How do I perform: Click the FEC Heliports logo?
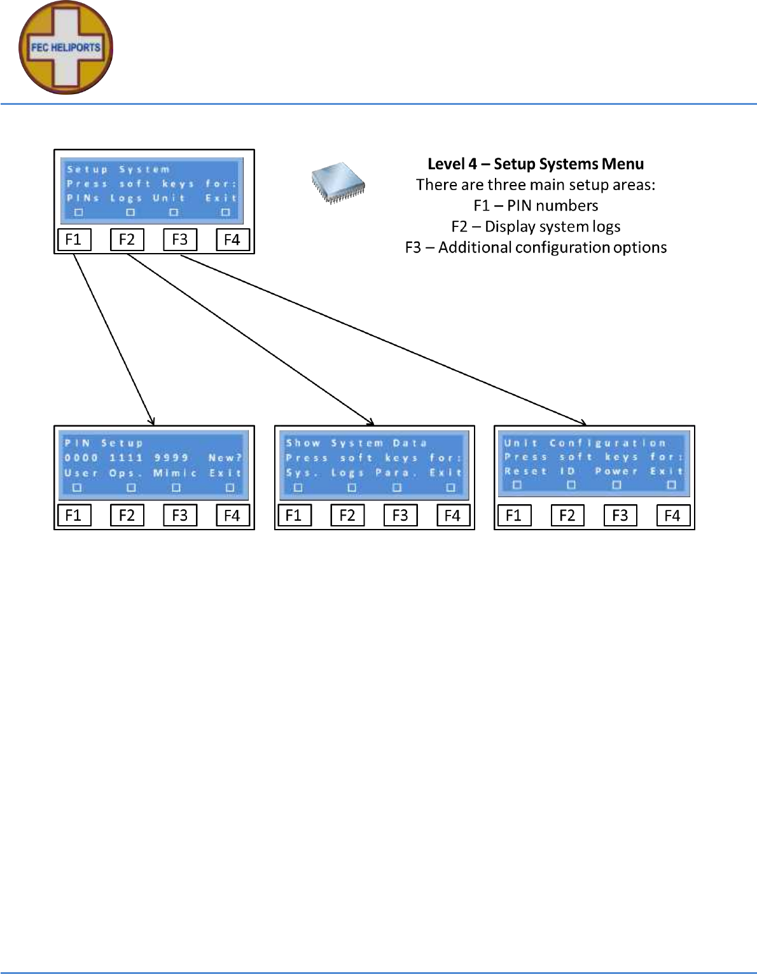tap(66, 48)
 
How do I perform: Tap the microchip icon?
tap(338, 182)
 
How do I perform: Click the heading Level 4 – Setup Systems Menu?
tap(536, 164)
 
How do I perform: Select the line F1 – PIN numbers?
tap(536, 205)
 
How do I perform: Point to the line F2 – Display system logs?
tap(536, 226)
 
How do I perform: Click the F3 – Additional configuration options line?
tap(536, 247)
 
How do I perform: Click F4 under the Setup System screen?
tap(232, 240)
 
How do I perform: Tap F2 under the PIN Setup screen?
tap(127, 515)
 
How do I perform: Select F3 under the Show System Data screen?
tap(400, 515)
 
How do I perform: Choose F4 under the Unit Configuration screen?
tap(672, 515)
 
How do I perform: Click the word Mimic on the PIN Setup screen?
tap(175, 473)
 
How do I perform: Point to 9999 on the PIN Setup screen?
tap(171, 458)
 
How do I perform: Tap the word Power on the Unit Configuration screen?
tap(616, 471)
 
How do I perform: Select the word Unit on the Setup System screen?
tap(169, 198)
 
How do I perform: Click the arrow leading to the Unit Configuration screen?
tap(382, 339)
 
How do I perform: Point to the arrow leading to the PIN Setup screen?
tap(114, 339)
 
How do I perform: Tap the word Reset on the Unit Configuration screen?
tap(525, 471)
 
